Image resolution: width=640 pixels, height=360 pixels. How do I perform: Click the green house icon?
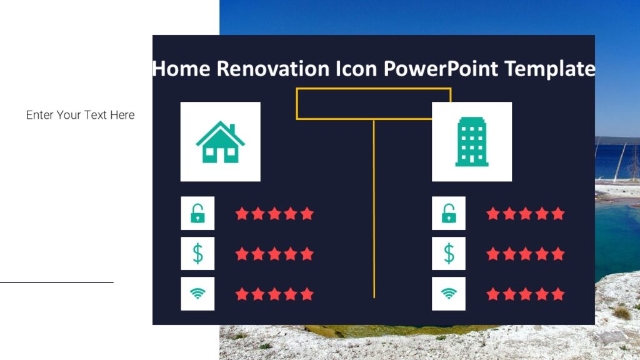(x=221, y=142)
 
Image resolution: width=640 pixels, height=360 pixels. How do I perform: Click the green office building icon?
(x=472, y=142)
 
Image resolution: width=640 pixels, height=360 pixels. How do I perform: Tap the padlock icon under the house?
(x=197, y=213)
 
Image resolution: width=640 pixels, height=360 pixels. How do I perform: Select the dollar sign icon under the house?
(x=197, y=254)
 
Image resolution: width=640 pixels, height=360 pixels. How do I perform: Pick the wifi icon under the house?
(x=197, y=294)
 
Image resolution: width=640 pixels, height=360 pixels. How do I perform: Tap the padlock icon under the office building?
(x=449, y=213)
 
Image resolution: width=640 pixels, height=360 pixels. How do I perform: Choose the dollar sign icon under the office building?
(x=449, y=254)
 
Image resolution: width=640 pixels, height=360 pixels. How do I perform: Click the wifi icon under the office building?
(x=449, y=294)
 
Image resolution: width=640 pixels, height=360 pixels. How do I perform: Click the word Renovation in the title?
(x=273, y=69)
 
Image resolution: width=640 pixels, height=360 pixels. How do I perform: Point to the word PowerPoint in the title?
(x=441, y=69)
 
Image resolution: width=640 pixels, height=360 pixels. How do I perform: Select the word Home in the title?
(x=181, y=69)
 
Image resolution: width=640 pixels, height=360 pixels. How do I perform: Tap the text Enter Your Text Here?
(x=81, y=115)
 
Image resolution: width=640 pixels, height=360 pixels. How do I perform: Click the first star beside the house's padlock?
(x=242, y=214)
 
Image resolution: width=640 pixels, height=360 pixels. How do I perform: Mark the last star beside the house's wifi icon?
(x=307, y=294)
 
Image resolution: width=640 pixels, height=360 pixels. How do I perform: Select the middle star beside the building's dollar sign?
(x=526, y=254)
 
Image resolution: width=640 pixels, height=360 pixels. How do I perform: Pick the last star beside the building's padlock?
(x=558, y=214)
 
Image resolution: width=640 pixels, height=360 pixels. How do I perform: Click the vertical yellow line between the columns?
(x=374, y=209)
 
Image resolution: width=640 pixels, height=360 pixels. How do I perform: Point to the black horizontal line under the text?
(x=57, y=282)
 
